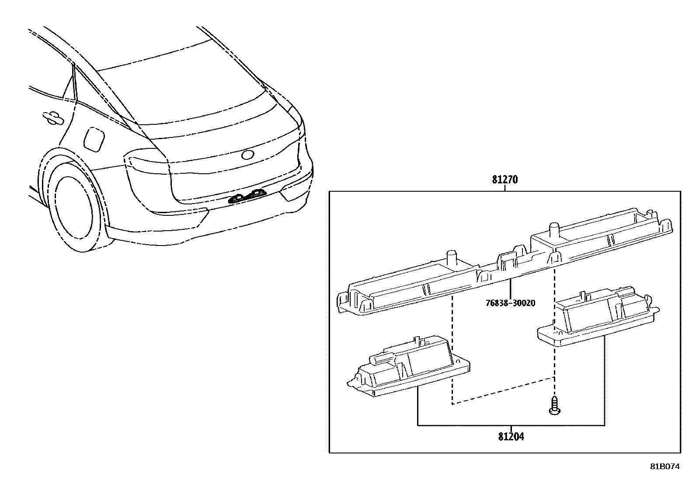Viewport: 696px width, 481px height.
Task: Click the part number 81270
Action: coord(505,180)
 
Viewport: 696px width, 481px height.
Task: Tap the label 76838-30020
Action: coord(510,303)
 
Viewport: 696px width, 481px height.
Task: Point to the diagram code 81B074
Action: coord(665,467)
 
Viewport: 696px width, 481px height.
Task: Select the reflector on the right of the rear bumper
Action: coord(294,193)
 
